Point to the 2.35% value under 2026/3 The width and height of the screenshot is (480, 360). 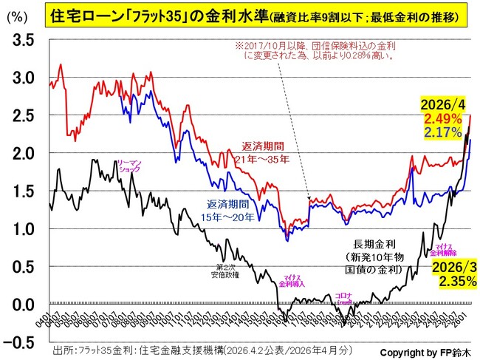coord(447,281)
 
